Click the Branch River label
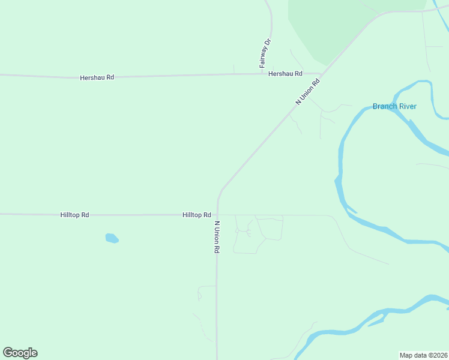pyautogui.click(x=394, y=107)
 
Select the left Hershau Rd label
pyautogui.click(x=97, y=78)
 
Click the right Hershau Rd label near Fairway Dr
pyautogui.click(x=285, y=74)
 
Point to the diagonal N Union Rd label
pyautogui.click(x=308, y=92)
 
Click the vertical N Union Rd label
pyautogui.click(x=217, y=237)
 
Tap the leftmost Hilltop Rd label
pyautogui.click(x=74, y=215)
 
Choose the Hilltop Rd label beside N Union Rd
pyautogui.click(x=196, y=215)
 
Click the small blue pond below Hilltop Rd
pyautogui.click(x=112, y=238)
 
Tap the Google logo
pyautogui.click(x=20, y=353)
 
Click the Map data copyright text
pyautogui.click(x=423, y=355)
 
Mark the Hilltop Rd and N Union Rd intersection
pyautogui.click(x=217, y=214)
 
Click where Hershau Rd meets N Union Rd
pyautogui.click(x=321, y=74)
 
